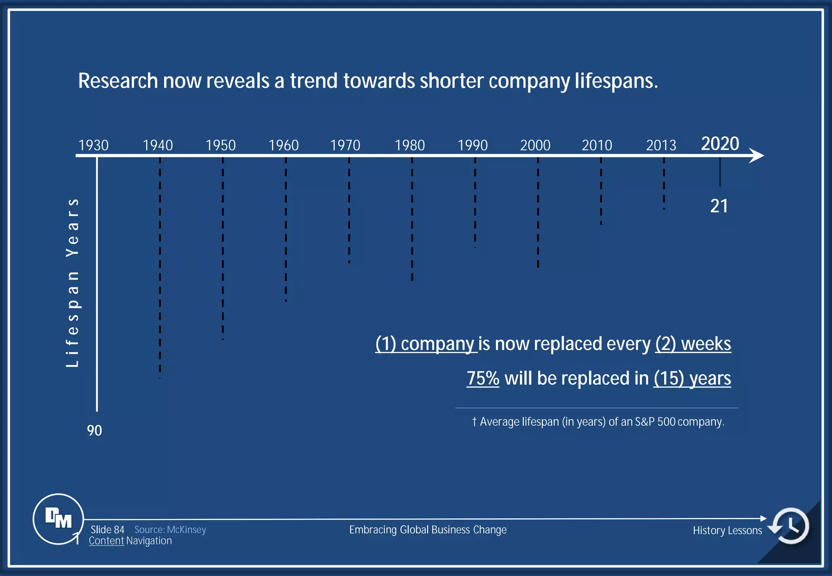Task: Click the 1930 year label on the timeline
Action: tap(93, 145)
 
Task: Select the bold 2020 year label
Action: tap(720, 143)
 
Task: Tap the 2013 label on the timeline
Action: tap(661, 145)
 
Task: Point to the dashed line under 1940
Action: tap(160, 268)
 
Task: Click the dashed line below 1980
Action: tap(412, 219)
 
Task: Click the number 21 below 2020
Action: tap(719, 206)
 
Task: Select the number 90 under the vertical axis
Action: tap(94, 431)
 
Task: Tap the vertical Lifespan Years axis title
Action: tap(72, 283)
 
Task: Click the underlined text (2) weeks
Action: tap(693, 344)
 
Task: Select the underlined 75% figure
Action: tap(483, 378)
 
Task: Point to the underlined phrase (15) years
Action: tap(692, 378)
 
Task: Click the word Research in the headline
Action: tap(118, 81)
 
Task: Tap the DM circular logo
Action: tap(58, 519)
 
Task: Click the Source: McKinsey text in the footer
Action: tap(170, 530)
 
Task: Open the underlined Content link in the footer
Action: tap(106, 541)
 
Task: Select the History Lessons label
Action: tap(727, 531)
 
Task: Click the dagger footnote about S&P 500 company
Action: tap(598, 422)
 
